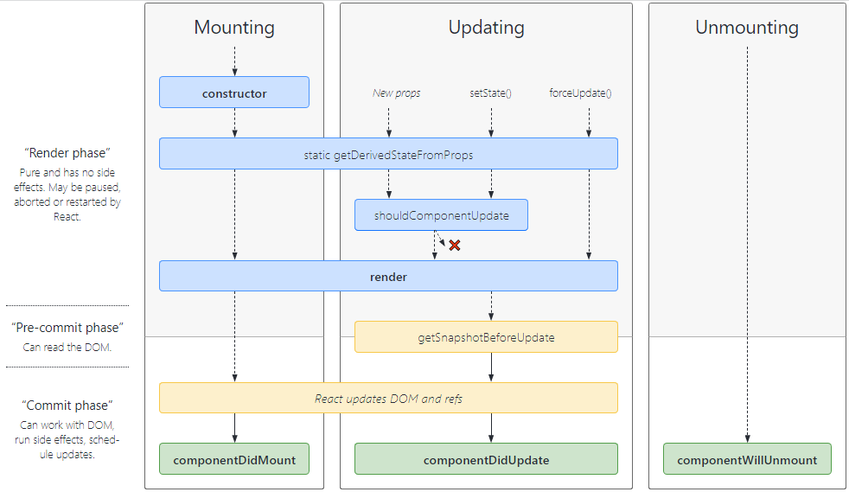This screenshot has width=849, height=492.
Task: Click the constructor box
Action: tap(234, 93)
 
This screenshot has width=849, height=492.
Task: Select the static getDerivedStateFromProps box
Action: tap(388, 154)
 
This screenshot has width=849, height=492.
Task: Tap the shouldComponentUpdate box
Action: tap(441, 215)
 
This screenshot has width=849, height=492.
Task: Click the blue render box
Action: tap(388, 277)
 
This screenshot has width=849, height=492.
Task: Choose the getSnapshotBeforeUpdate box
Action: tap(486, 337)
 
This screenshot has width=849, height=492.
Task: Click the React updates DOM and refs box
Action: tap(388, 399)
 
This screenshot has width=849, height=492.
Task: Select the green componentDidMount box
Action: tap(234, 459)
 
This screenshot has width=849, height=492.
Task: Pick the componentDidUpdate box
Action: tap(486, 459)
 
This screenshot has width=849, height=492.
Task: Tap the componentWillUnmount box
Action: tap(746, 459)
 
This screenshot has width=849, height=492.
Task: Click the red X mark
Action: tap(455, 246)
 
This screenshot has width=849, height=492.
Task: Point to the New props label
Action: tap(396, 93)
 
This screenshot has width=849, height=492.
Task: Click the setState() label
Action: tap(490, 93)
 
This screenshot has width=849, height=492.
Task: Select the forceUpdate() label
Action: tap(580, 93)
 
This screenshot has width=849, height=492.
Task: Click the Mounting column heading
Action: tap(234, 28)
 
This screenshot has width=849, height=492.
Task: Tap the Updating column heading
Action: tap(486, 28)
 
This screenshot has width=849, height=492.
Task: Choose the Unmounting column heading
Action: tap(746, 28)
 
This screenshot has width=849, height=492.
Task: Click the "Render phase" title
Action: tap(67, 153)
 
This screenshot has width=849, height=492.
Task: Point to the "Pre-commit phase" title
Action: tap(67, 328)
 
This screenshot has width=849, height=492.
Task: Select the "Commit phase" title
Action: tap(67, 406)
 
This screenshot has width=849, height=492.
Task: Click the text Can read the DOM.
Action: tap(67, 347)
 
